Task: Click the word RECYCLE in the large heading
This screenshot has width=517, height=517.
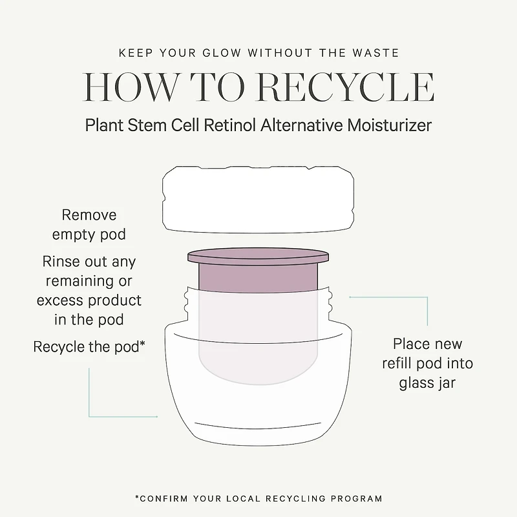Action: (346, 87)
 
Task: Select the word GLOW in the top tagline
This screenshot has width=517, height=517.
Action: (222, 53)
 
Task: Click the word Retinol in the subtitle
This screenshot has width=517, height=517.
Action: (230, 125)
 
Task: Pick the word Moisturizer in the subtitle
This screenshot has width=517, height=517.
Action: (389, 125)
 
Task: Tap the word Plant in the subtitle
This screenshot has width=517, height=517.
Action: (104, 125)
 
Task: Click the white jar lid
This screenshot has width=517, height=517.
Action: (258, 200)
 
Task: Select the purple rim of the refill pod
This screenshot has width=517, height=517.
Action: (258, 256)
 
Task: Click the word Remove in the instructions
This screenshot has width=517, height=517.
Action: (89, 215)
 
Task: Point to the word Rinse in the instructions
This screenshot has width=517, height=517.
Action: (61, 262)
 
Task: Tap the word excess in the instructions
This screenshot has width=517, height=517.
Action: (59, 301)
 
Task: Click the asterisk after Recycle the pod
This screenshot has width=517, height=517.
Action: (142, 343)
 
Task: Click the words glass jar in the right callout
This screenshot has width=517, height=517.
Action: (427, 383)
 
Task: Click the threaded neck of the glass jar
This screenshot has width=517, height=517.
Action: (258, 305)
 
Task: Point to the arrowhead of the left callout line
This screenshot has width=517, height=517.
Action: (156, 417)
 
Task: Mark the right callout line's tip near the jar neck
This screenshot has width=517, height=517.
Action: (350, 297)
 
